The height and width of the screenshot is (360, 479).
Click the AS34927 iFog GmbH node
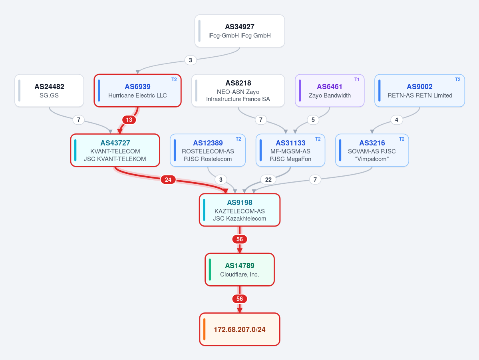(x=240, y=31)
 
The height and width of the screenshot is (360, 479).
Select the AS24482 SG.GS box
(x=49, y=91)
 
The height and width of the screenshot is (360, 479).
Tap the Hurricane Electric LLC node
(x=137, y=91)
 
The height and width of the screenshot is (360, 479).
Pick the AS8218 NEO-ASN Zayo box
(x=238, y=91)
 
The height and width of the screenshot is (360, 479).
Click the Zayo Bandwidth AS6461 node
(x=330, y=91)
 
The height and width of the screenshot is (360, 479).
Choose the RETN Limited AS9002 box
(x=419, y=91)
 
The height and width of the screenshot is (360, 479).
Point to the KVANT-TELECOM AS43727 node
(x=115, y=150)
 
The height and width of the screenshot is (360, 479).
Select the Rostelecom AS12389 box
(x=208, y=150)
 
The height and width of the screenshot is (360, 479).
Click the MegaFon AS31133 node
(x=290, y=150)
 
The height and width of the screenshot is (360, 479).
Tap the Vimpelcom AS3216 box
(x=372, y=150)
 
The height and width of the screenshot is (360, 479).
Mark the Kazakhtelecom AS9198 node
(x=240, y=210)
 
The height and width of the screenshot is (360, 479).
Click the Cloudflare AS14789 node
(x=240, y=270)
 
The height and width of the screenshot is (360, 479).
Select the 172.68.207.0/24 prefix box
(x=240, y=329)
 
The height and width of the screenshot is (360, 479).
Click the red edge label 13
(x=129, y=120)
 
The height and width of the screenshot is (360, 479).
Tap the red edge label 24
(x=168, y=179)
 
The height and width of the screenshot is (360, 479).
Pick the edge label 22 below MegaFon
(x=268, y=179)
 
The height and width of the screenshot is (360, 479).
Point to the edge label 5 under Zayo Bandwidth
(x=313, y=120)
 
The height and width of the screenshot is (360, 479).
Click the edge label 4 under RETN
(x=397, y=120)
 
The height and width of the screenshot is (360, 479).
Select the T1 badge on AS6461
(x=357, y=80)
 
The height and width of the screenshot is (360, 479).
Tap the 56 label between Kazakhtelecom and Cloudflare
(x=240, y=239)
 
